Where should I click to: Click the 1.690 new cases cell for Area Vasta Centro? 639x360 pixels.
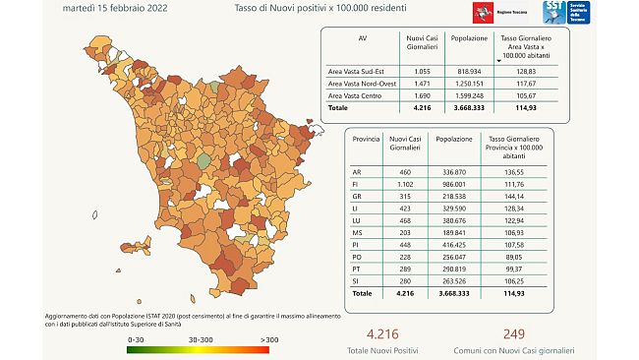[421, 97]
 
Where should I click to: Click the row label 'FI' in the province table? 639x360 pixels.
[356, 184]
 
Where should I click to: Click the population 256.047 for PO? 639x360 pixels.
[463, 253]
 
